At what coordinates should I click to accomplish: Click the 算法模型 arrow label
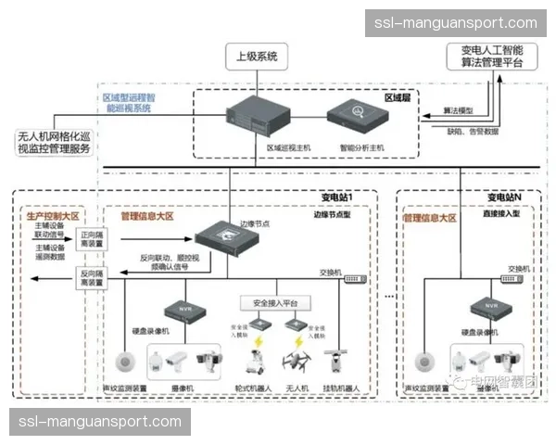[458, 110]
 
